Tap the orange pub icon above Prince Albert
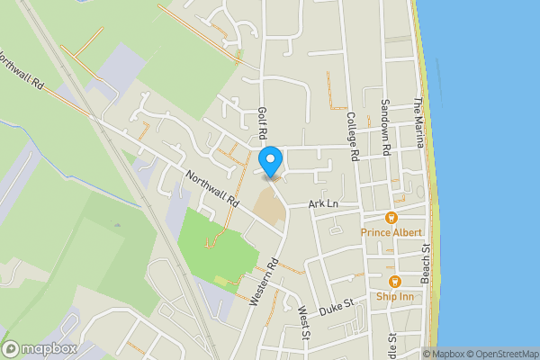pyautogui.click(x=391, y=218)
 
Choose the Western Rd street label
pyautogui.click(x=265, y=283)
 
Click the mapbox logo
pyautogui.click(x=40, y=348)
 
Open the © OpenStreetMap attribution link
pyautogui.click(x=501, y=354)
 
